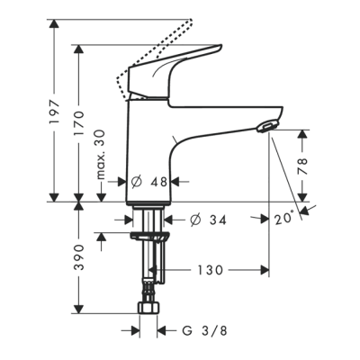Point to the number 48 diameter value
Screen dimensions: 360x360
[160, 180]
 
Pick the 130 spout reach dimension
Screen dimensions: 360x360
[212, 269]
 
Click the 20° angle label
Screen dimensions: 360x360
[284, 217]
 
